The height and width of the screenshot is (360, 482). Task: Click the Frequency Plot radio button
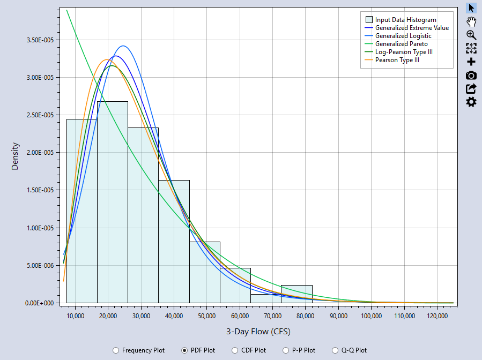pyautogui.click(x=116, y=350)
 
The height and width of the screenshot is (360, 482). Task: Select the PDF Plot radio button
pyautogui.click(x=184, y=350)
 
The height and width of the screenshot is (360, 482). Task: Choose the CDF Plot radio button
pyautogui.click(x=235, y=350)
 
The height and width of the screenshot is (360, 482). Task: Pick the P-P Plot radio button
pyautogui.click(x=286, y=350)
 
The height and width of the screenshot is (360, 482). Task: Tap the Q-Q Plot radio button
pyautogui.click(x=336, y=350)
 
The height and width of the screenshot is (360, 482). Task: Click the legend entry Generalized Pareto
pyautogui.click(x=401, y=44)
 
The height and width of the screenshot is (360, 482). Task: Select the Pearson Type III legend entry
pyautogui.click(x=397, y=60)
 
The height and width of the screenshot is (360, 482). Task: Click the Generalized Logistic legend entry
pyautogui.click(x=403, y=36)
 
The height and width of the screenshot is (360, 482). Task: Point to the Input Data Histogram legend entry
pyautogui.click(x=405, y=20)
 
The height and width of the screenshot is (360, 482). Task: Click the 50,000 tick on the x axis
pyautogui.click(x=206, y=316)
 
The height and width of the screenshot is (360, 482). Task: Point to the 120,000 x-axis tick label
pyautogui.click(x=437, y=316)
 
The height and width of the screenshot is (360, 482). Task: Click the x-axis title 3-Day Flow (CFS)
pyautogui.click(x=258, y=331)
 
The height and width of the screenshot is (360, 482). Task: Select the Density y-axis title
pyautogui.click(x=15, y=156)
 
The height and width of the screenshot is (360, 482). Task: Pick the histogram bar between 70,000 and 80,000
pyautogui.click(x=296, y=294)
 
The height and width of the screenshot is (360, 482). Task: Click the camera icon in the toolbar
pyautogui.click(x=471, y=76)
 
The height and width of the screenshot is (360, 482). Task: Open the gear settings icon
pyautogui.click(x=471, y=102)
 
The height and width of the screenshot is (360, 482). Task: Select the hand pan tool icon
pyautogui.click(x=471, y=21)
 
